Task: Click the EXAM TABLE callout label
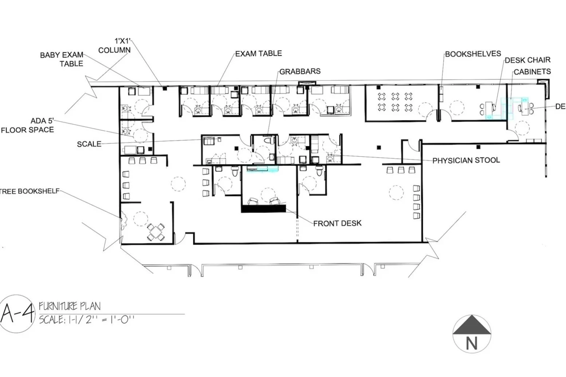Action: [x=259, y=53]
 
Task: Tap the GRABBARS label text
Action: [x=300, y=71]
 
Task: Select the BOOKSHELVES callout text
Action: [x=473, y=54]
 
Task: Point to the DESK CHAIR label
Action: [x=528, y=60]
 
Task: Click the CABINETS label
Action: [x=532, y=72]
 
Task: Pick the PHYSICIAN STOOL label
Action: [x=466, y=160]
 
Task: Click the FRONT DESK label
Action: [x=337, y=223]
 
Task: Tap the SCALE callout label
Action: [x=89, y=144]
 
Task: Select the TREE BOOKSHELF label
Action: [x=30, y=191]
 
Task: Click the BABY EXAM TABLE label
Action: [x=62, y=59]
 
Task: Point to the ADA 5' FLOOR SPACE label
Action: [x=27, y=125]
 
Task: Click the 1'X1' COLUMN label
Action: [x=114, y=46]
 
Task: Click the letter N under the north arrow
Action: [x=472, y=344]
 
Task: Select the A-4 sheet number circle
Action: [x=17, y=314]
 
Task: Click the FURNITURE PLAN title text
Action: [x=70, y=306]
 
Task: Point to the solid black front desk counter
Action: [x=264, y=209]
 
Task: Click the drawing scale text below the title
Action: [x=87, y=320]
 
